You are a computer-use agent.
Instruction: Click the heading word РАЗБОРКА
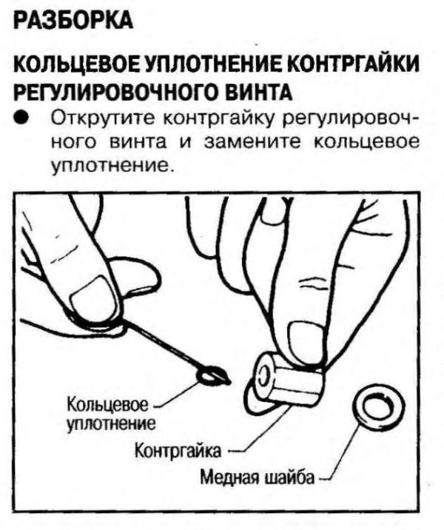(x=73, y=21)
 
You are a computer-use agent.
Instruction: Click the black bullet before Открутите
(x=21, y=119)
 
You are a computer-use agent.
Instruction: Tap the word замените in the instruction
(x=252, y=142)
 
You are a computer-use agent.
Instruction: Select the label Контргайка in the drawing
(x=178, y=451)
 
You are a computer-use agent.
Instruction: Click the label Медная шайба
(x=257, y=477)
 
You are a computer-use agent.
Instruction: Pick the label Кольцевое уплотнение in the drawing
(x=112, y=414)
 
